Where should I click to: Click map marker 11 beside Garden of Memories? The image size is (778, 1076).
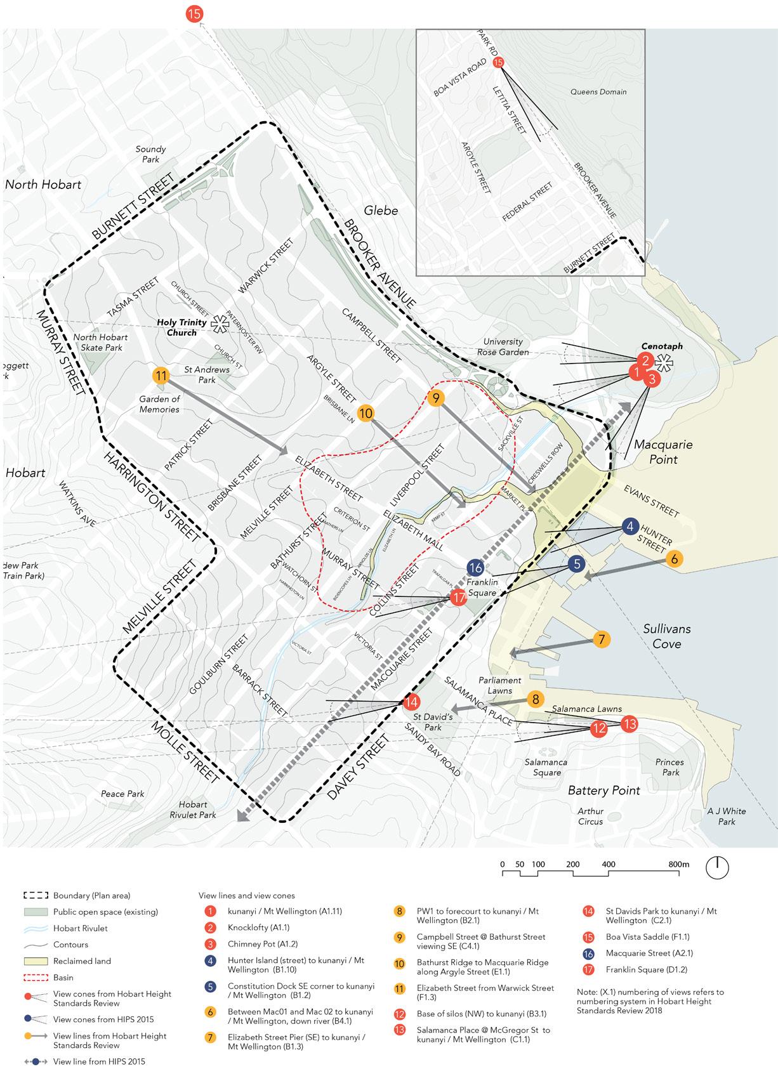pos(161,376)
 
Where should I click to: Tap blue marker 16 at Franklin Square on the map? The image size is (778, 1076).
pos(475,568)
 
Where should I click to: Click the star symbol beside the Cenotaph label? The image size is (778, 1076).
pos(664,363)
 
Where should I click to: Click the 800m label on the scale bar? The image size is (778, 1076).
pos(678,864)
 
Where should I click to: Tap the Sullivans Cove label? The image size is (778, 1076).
pos(666,636)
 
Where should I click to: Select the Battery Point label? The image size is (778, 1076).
pos(604,791)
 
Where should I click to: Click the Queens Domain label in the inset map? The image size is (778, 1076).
pos(598,92)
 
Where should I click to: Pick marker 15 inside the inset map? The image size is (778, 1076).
pos(498,62)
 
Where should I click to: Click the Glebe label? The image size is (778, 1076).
pos(381,211)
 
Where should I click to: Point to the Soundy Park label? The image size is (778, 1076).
pos(150,154)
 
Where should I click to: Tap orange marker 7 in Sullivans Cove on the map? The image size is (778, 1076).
pos(601,639)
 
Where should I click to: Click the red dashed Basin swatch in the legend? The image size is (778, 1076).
pos(36,978)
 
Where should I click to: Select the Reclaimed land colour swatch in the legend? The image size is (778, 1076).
pos(36,961)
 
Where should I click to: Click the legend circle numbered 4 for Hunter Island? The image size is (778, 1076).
pos(209,961)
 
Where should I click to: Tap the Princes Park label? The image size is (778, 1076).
pos(670,767)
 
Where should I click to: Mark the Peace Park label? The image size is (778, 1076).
pos(122,794)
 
